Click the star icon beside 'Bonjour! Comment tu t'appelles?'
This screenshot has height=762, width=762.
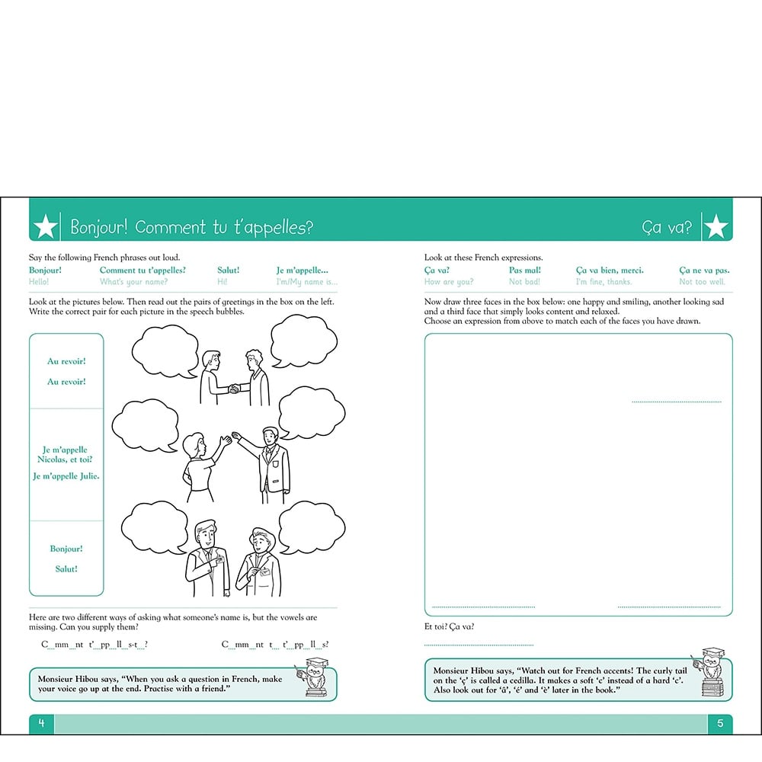pyautogui.click(x=46, y=226)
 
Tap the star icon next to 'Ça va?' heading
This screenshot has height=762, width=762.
pyautogui.click(x=716, y=226)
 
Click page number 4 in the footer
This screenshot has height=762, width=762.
pyautogui.click(x=42, y=723)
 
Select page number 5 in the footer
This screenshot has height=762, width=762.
pyautogui.click(x=720, y=723)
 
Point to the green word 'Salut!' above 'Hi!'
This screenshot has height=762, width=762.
pyautogui.click(x=228, y=270)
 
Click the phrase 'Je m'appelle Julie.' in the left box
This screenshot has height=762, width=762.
pyautogui.click(x=66, y=476)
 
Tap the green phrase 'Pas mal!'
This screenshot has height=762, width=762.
pyautogui.click(x=525, y=270)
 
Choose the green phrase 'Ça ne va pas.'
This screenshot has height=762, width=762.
pyautogui.click(x=704, y=270)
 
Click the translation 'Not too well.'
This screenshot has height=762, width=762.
pyautogui.click(x=702, y=282)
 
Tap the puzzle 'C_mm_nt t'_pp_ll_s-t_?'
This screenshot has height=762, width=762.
pyautogui.click(x=94, y=645)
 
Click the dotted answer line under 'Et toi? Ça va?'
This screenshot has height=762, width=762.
pyautogui.click(x=479, y=645)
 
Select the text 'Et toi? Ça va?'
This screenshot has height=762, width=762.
pyautogui.click(x=449, y=626)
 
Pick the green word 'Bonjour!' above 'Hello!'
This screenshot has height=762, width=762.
pyautogui.click(x=46, y=270)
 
